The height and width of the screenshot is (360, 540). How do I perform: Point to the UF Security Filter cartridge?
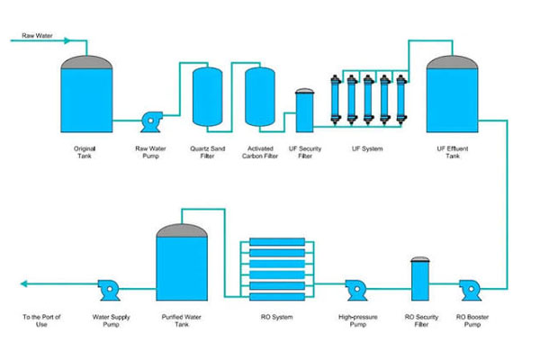[x=305, y=110]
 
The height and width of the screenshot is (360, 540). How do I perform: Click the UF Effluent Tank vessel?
[x=453, y=94]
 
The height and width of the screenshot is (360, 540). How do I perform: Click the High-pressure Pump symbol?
[x=353, y=291]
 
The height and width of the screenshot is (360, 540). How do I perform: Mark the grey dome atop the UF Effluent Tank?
[x=453, y=60]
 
